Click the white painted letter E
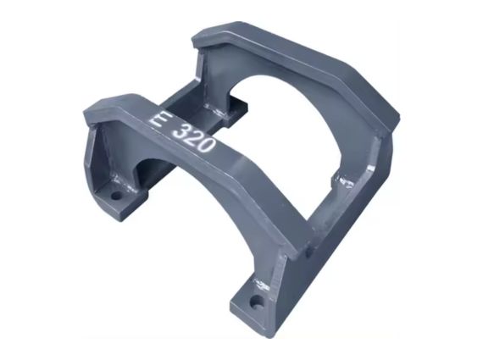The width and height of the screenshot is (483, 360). (x=156, y=121)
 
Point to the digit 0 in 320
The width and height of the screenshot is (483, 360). (x=206, y=145)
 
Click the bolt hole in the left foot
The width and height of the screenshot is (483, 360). (x=116, y=195)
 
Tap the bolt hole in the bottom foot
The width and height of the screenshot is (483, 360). (x=255, y=302)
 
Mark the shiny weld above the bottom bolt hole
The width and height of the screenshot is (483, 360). (x=261, y=285)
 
